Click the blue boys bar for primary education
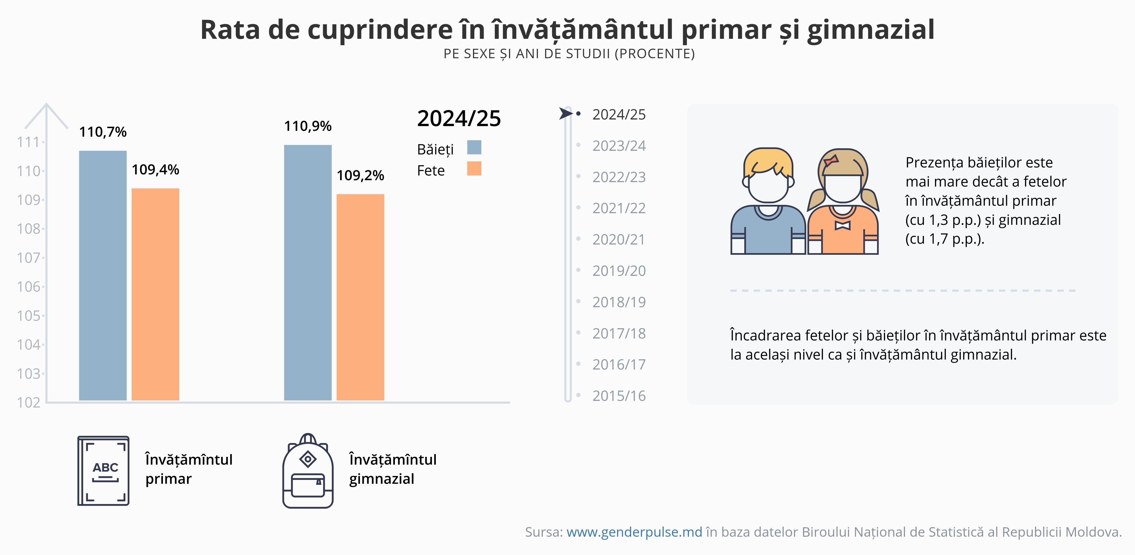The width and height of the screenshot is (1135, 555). tap(103, 276)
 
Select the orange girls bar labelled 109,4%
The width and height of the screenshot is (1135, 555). tap(155, 294)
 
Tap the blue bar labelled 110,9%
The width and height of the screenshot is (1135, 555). tap(308, 273)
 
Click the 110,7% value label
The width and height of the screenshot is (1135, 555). tap(103, 132)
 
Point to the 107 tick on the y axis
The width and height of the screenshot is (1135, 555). tap(29, 258)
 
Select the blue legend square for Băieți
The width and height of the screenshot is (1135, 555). tap(474, 147)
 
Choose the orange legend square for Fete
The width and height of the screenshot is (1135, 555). tap(474, 168)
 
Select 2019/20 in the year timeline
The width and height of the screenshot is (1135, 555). tap(618, 271)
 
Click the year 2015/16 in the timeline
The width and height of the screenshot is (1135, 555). tap(618, 396)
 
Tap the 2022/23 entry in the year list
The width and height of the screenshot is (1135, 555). tap(618, 177)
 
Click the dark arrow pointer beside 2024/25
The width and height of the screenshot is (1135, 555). tap(565, 113)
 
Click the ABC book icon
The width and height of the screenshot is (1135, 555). tap(104, 470)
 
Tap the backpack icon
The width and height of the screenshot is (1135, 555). tap(308, 472)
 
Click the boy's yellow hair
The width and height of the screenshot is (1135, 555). tap(768, 161)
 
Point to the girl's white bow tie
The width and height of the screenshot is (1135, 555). tap(842, 225)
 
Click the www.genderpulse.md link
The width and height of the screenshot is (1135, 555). tap(634, 532)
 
